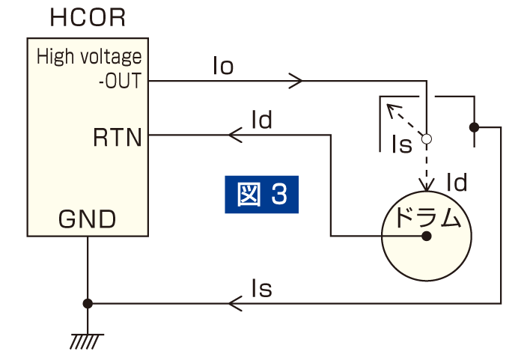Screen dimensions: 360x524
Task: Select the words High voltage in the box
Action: click(x=88, y=56)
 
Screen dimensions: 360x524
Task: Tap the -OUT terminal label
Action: click(x=120, y=80)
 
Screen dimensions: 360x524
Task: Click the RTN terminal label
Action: click(x=118, y=138)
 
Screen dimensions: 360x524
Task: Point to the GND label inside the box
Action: click(x=87, y=219)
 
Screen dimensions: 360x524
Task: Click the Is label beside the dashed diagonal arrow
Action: click(x=402, y=144)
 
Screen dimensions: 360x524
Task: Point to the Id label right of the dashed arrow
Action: click(x=457, y=182)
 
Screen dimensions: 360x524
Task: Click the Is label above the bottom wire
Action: click(x=261, y=288)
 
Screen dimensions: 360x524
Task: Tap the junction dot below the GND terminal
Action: click(x=88, y=303)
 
